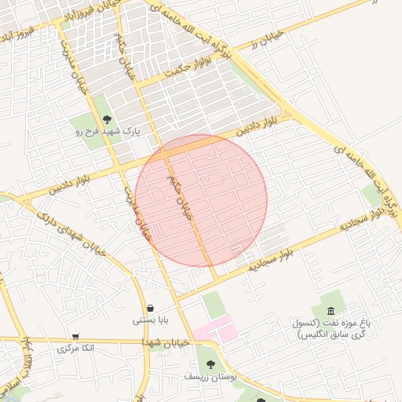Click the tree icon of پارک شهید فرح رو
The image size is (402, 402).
(x=107, y=119)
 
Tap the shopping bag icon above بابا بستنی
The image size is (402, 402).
(x=150, y=307)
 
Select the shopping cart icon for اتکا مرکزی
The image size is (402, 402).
(x=75, y=336)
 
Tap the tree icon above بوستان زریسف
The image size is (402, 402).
(x=210, y=364)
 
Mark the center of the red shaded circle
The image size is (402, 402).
(x=201, y=200)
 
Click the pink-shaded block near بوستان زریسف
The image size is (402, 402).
(x=217, y=329)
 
